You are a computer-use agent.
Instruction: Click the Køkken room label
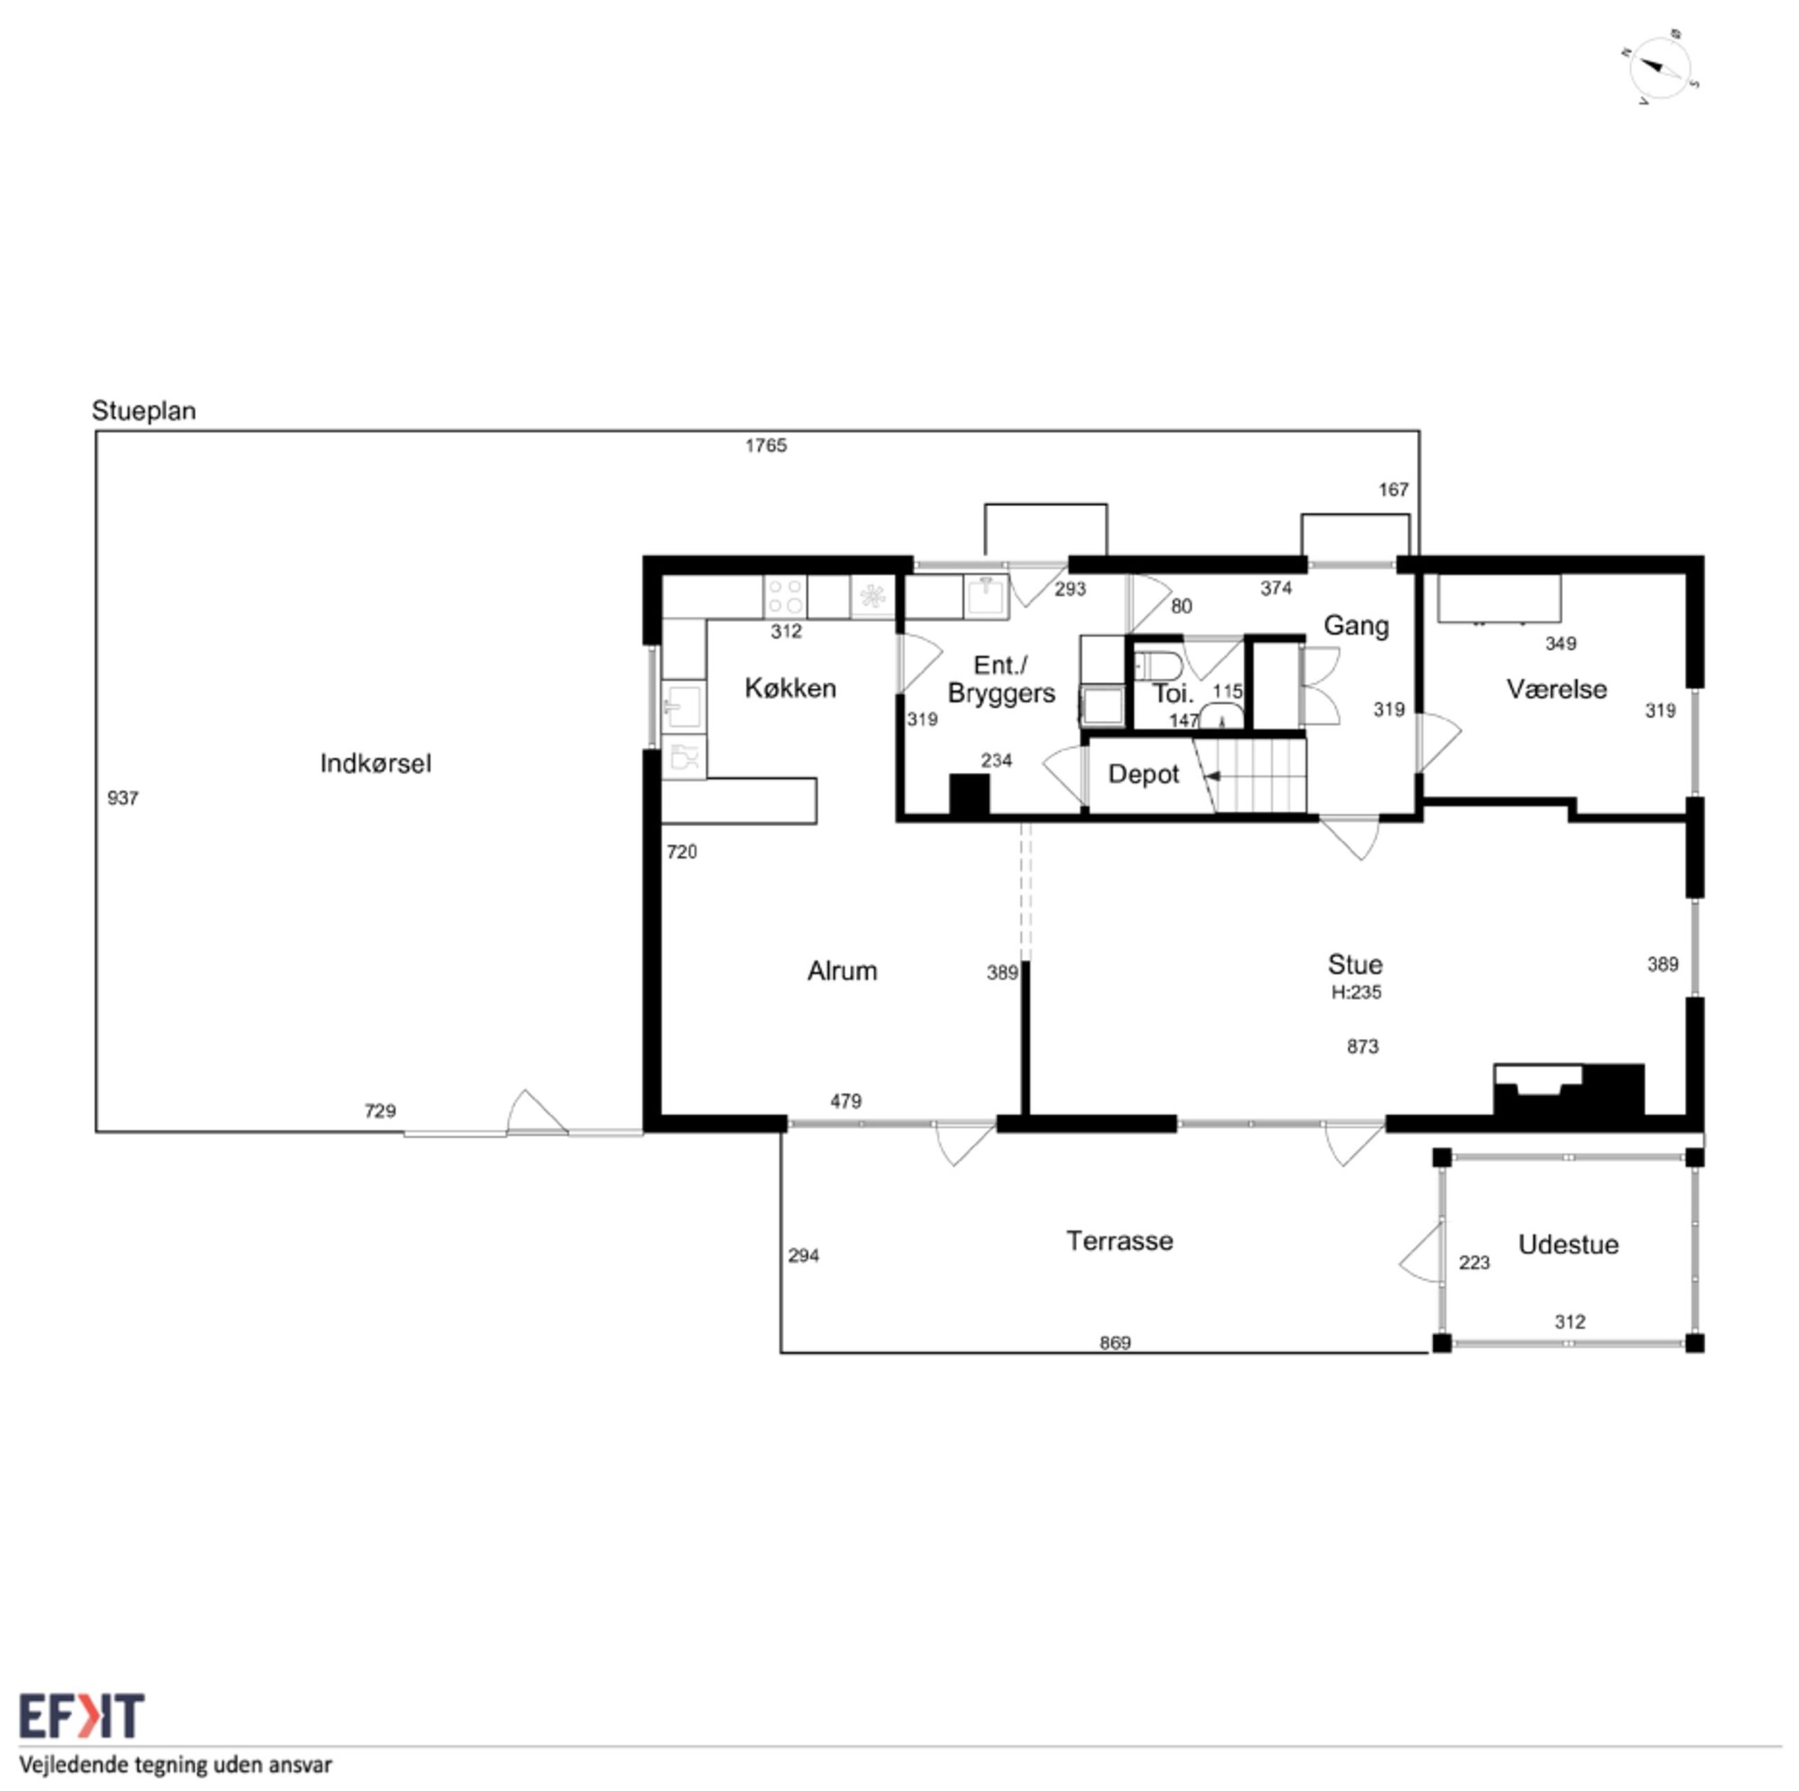coord(791,689)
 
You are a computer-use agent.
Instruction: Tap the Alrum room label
coord(842,970)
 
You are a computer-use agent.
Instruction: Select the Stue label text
coord(1355,964)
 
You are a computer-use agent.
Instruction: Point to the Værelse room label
coord(1556,689)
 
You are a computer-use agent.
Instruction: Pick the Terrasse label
coord(1120,1241)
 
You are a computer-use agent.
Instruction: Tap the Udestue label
coord(1568,1244)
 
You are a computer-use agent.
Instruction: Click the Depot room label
coord(1144,774)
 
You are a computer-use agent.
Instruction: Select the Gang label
coord(1355,626)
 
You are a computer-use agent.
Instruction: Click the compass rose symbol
coord(1659,67)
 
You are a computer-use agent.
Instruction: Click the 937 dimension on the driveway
coord(123,798)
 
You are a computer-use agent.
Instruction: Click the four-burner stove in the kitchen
coord(784,596)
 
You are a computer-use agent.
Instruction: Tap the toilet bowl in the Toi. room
coord(1158,667)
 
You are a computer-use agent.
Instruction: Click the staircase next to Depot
coord(1250,775)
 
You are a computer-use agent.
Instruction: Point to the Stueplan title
coord(143,411)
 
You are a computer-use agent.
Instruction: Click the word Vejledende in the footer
coord(75,1765)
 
